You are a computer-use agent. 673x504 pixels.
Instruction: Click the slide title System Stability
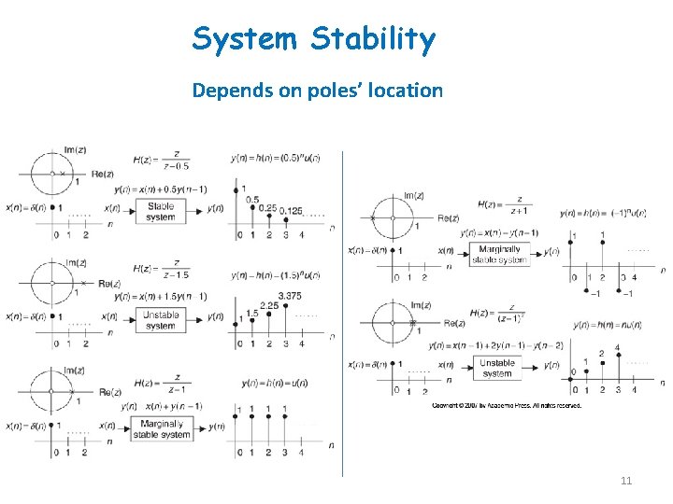(314, 40)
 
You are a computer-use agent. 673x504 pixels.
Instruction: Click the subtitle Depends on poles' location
(317, 91)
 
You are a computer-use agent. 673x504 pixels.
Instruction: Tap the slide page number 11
(626, 481)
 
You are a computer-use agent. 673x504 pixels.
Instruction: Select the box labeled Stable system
(161, 211)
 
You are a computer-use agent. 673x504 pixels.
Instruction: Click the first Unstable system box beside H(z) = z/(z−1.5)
(161, 320)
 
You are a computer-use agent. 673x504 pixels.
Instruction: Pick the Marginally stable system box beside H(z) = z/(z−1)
(162, 428)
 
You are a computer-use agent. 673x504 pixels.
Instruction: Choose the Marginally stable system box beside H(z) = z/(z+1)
(499, 255)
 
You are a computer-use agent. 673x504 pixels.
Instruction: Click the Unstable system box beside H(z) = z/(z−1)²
(497, 368)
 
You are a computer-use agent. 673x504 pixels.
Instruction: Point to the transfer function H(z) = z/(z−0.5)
(162, 161)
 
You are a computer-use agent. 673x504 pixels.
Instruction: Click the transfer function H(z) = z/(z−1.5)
(162, 269)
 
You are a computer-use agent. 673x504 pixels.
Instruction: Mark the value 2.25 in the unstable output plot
(270, 305)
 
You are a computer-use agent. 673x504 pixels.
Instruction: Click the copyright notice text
(506, 405)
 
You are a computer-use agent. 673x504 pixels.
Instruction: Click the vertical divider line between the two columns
(342, 308)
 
